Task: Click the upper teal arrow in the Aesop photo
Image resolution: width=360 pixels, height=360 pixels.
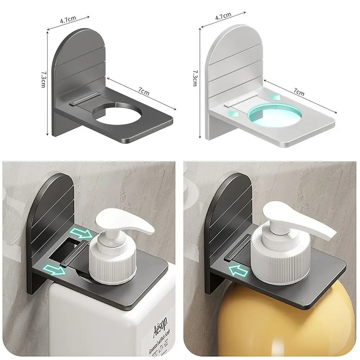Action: coord(81,233)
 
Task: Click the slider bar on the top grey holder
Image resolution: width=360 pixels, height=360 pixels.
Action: coord(85,99)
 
